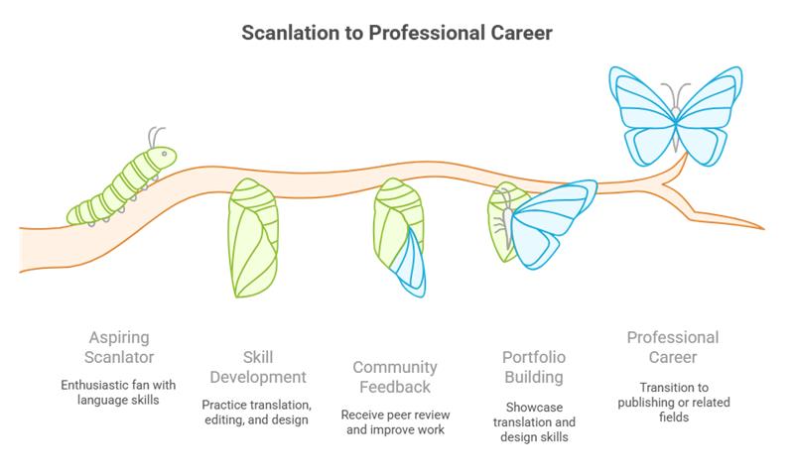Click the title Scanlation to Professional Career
coord(397,34)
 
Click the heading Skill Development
coord(257,366)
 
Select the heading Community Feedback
coord(395,376)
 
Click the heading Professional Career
coord(672,346)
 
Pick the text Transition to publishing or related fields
coord(672,401)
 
